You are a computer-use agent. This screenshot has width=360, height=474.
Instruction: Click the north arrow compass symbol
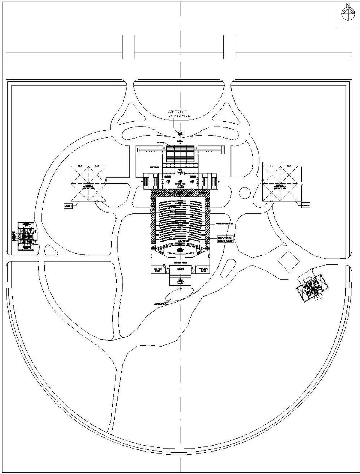tap(347, 14)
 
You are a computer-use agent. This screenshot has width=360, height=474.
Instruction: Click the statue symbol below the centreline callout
tap(180, 133)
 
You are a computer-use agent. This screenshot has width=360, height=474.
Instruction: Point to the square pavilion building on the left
tap(89, 183)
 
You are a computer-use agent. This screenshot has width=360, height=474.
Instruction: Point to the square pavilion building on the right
tap(281, 182)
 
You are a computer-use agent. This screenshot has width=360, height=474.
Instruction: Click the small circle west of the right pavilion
tap(244, 192)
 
